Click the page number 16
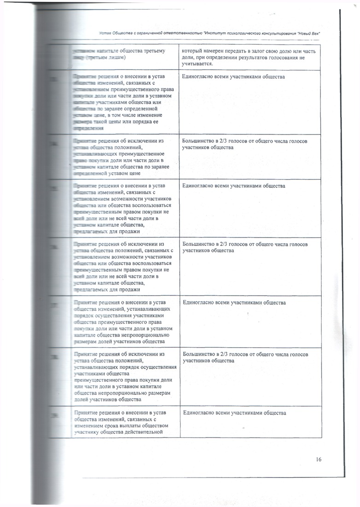click(x=319, y=459)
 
